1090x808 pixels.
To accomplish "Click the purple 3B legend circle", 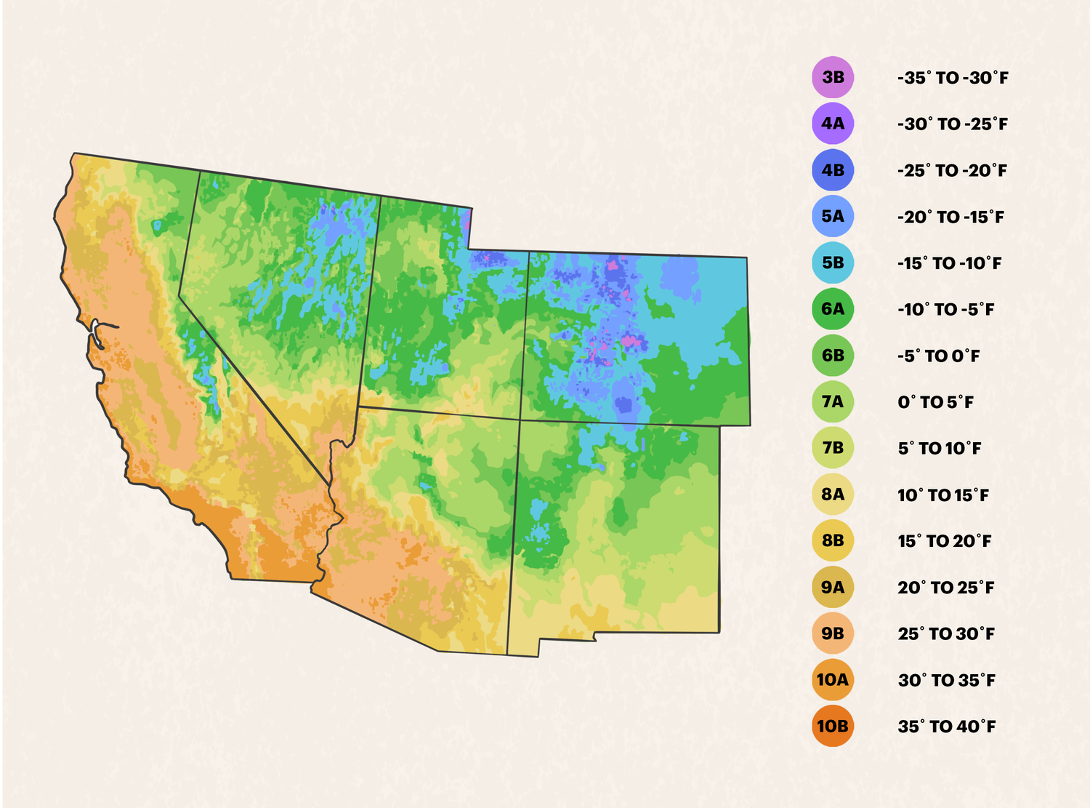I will coord(833,78).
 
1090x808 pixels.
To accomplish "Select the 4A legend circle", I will coord(833,124).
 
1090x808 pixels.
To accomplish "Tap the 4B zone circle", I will coord(833,170).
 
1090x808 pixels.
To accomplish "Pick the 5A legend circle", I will coord(833,217).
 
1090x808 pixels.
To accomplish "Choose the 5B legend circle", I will coord(833,263).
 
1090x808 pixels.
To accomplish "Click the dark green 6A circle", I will coord(833,309).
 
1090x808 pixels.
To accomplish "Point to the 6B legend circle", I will coord(833,356).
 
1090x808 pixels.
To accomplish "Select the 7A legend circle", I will coord(833,401).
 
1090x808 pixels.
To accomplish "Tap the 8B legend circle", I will coord(833,541).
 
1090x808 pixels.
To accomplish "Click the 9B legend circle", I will coord(833,633).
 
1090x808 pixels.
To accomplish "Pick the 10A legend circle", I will coord(833,680).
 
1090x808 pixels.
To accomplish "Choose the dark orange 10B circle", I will coord(833,727).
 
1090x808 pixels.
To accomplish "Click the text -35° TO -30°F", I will coord(953,78).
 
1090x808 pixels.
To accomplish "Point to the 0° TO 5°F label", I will coord(935,402).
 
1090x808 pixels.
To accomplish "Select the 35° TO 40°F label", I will coord(946,727).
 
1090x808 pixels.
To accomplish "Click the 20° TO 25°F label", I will coord(945,588).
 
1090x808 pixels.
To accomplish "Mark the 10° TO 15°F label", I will coord(943,495).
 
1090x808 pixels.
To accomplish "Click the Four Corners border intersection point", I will coord(520,420).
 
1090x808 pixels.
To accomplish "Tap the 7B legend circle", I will coord(833,448).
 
